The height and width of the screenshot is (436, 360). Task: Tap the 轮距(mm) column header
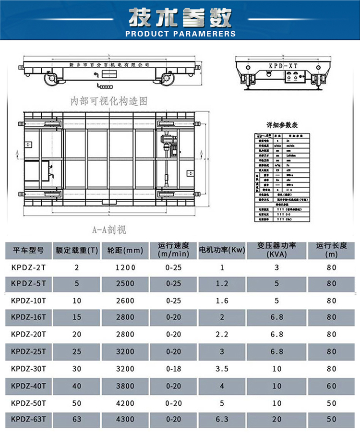pos(125,250)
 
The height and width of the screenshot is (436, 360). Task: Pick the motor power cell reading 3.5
pos(222,369)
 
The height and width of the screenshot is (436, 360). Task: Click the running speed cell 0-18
pos(173,369)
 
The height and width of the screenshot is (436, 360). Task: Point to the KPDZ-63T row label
pos(28,419)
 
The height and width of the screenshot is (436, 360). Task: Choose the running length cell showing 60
pos(331,386)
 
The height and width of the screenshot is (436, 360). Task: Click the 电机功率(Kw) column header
pos(222,250)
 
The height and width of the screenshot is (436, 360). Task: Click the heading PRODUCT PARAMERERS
pos(180,34)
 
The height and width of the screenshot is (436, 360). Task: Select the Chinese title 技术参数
pos(180,17)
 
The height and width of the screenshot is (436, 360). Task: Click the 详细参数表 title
pos(282,125)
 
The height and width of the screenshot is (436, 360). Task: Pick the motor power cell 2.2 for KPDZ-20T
pos(222,335)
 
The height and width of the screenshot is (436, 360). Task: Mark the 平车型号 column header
pos(27,250)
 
